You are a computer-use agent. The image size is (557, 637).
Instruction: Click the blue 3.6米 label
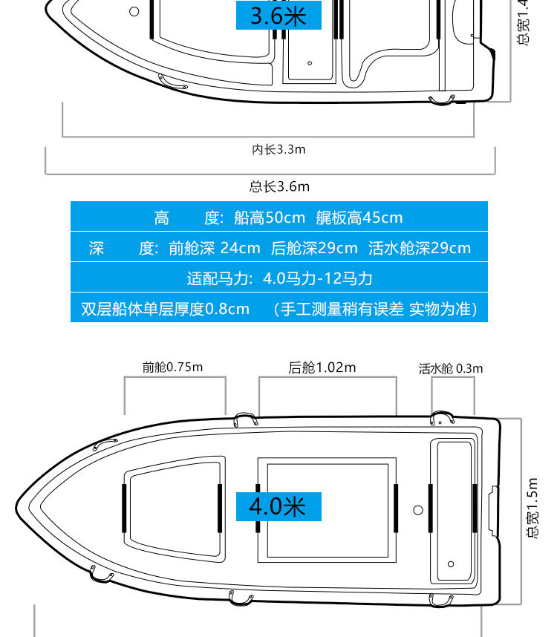278,16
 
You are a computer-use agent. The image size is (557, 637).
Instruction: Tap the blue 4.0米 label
278,506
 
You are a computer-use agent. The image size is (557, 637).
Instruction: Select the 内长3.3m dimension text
278,149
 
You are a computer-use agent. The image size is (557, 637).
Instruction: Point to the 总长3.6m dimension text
279,186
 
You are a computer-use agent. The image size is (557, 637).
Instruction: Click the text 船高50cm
269,218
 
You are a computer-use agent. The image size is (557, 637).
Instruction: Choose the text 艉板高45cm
359,218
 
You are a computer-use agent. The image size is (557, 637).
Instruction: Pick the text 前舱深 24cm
214,248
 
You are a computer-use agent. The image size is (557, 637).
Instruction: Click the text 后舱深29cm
314,248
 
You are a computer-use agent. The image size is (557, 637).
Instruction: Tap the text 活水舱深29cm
419,248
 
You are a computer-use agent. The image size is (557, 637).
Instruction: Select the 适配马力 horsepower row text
279,278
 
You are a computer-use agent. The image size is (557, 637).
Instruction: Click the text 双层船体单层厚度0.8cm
165,308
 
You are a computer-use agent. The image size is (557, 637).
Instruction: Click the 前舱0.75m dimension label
173,367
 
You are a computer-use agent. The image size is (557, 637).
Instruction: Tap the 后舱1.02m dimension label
322,367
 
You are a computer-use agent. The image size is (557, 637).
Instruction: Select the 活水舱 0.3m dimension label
450,368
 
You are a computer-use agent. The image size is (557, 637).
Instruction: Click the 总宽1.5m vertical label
532,509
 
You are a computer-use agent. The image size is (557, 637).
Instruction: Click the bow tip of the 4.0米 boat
18,509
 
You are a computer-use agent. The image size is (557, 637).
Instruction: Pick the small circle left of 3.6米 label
134,11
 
